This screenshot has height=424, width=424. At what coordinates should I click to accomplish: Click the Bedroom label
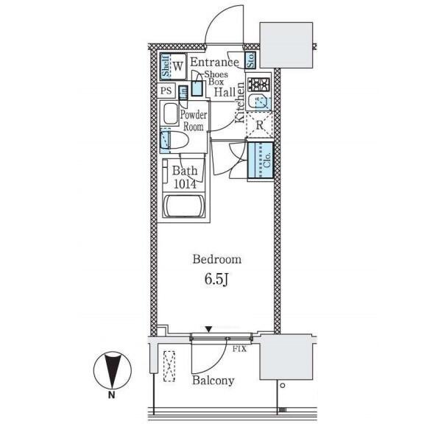(x=217, y=260)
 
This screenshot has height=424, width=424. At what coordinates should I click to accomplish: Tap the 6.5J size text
(x=216, y=280)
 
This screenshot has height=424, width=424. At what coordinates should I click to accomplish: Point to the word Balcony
(x=213, y=381)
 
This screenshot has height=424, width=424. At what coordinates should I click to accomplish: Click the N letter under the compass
(x=111, y=395)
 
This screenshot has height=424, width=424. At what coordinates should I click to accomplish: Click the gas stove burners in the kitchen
(x=259, y=84)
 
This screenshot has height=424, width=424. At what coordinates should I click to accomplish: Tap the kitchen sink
(x=259, y=102)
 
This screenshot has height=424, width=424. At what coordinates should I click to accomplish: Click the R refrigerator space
(x=259, y=125)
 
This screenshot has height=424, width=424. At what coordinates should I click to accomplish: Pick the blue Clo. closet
(x=261, y=160)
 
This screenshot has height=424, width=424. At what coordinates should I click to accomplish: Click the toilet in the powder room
(x=174, y=140)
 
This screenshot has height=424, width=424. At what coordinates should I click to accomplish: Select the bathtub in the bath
(x=184, y=206)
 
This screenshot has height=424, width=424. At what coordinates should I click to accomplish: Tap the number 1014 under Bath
(x=185, y=184)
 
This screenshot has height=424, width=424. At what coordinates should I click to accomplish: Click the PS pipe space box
(x=166, y=91)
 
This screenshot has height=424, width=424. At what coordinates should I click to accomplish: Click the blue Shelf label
(x=166, y=66)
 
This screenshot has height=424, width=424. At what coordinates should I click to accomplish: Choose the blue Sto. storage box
(x=251, y=60)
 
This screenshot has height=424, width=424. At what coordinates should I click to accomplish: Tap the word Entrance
(x=215, y=62)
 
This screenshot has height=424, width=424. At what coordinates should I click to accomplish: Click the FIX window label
(x=240, y=349)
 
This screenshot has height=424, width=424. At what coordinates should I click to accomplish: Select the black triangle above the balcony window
(x=208, y=329)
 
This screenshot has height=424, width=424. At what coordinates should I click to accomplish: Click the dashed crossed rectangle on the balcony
(x=169, y=366)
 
